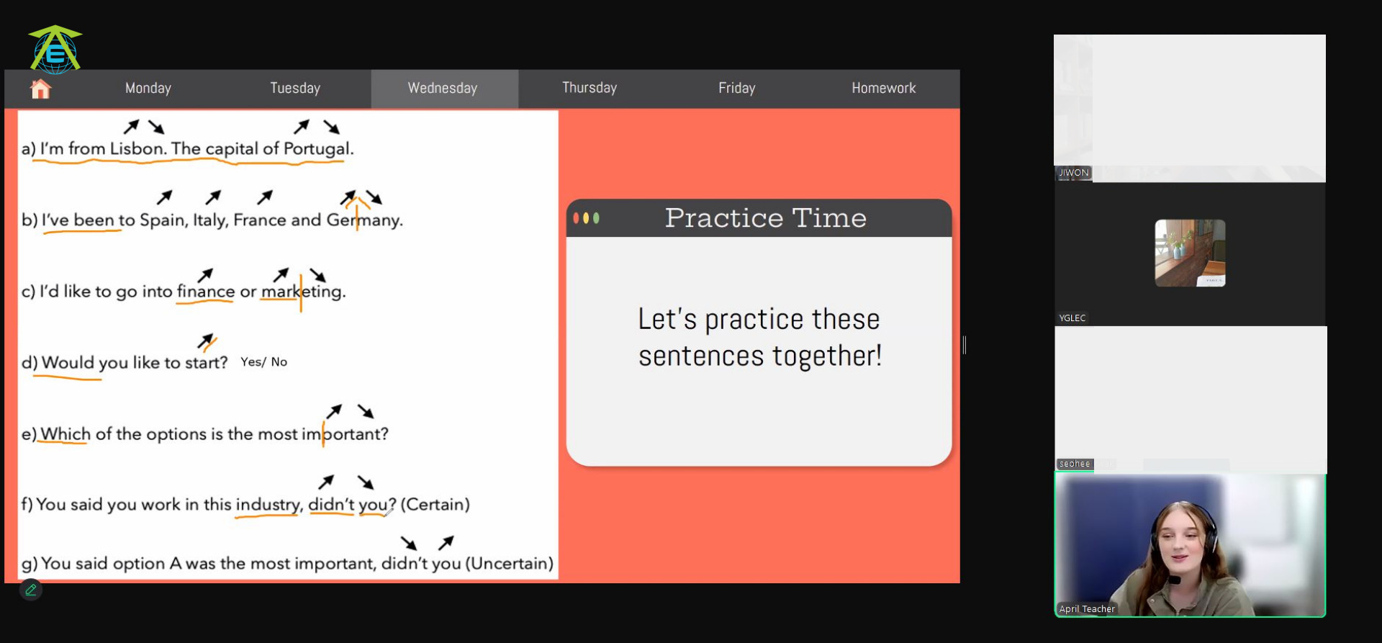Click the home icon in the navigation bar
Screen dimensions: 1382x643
40,89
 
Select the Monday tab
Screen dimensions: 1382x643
148,89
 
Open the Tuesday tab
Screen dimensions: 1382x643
295,89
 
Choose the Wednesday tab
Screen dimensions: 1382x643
443,89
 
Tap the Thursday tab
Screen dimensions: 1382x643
590,88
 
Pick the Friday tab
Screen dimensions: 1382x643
737,89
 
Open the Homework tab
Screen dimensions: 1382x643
884,89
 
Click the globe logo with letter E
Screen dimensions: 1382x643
55,49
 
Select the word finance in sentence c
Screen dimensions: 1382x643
206,291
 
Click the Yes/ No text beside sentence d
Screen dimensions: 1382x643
263,361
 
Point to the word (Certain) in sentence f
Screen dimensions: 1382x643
435,504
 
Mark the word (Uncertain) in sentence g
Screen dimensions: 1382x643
510,563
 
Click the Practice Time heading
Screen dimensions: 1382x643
765,217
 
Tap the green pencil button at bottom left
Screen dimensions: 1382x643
31,590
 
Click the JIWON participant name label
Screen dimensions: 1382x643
1073,173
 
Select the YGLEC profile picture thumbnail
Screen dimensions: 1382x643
1190,253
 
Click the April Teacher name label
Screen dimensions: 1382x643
1087,609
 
